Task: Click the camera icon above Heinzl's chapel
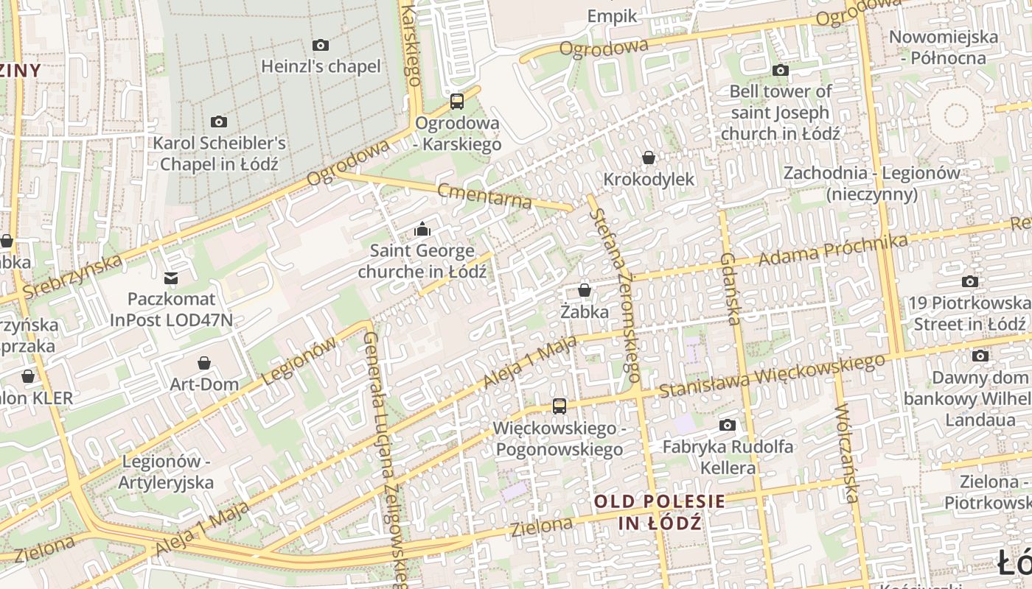tap(321, 46)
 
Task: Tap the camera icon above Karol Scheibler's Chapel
tap(219, 122)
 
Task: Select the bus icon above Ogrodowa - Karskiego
tap(457, 102)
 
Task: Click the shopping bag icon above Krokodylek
tap(649, 158)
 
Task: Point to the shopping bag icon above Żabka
tap(585, 291)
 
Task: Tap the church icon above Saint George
tap(422, 230)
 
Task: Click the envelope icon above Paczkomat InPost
tap(171, 278)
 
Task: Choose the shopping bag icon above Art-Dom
tap(204, 363)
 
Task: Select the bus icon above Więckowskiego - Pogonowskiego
tap(559, 406)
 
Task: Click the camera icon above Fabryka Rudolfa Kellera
tap(728, 426)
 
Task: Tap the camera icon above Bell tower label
tap(781, 71)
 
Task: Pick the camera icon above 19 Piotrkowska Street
tap(970, 281)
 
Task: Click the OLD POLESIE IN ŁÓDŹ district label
tap(659, 512)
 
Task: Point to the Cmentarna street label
tap(484, 195)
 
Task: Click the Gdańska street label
tap(730, 289)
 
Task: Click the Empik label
tap(613, 16)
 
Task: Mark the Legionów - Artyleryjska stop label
tap(167, 472)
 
